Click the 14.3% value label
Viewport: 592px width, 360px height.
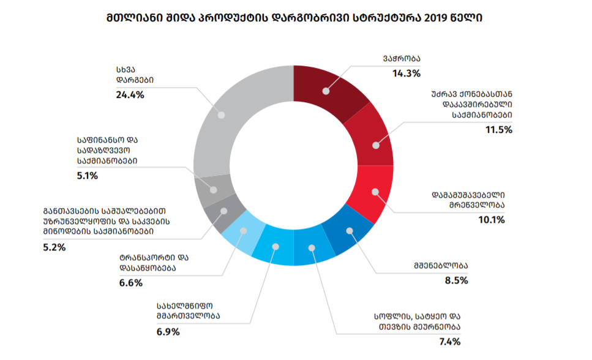point(407,73)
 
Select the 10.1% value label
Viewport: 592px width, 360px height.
point(491,220)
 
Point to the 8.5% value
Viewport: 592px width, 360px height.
point(455,281)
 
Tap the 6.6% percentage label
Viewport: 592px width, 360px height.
point(130,283)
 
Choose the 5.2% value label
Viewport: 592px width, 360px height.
point(53,247)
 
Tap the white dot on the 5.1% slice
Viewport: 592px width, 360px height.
point(214,189)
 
